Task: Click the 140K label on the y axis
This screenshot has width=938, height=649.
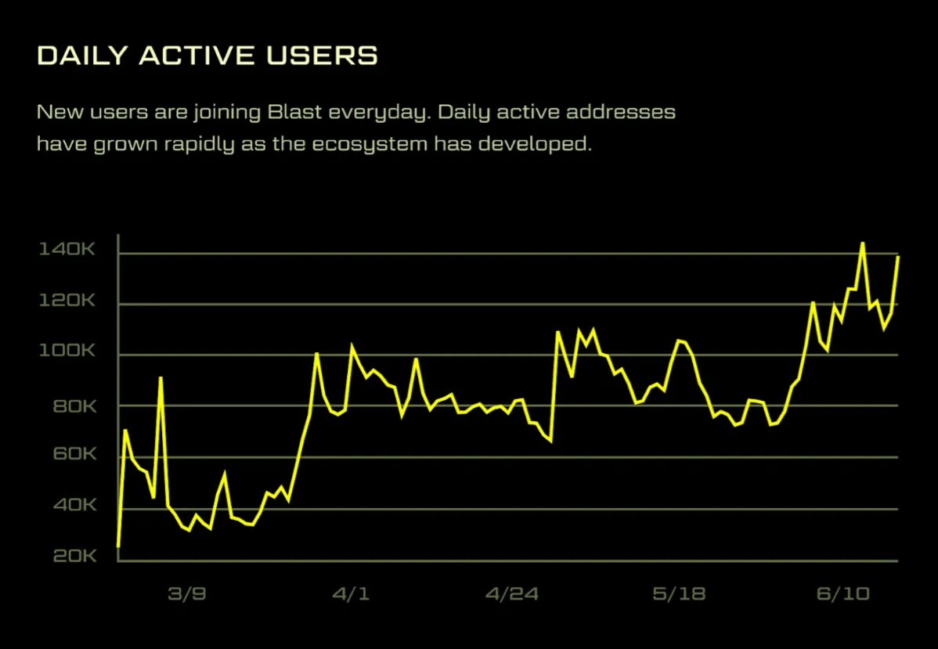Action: tap(67, 250)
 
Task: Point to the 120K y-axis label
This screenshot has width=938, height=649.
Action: tap(67, 301)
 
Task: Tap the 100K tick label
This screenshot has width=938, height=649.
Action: tap(67, 352)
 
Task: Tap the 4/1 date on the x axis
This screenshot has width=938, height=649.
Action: tap(350, 594)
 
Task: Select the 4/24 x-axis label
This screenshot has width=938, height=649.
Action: tap(512, 594)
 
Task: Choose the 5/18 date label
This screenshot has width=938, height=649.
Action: tap(678, 594)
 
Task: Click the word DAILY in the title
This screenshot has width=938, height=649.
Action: tap(81, 56)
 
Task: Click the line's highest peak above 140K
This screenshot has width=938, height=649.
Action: tap(862, 243)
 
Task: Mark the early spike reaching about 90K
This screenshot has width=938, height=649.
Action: tap(161, 378)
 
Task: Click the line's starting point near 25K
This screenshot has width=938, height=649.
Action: tap(118, 546)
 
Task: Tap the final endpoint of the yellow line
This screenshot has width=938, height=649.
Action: tap(897, 257)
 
